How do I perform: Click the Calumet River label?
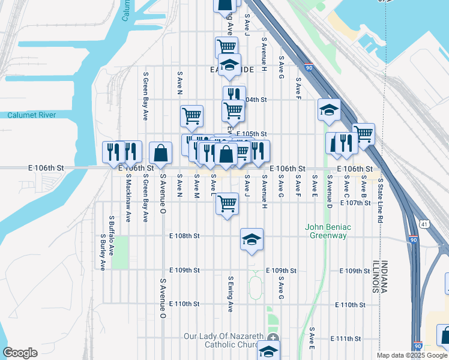click(31, 115)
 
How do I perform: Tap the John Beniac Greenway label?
click(326, 231)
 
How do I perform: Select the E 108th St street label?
click(184, 236)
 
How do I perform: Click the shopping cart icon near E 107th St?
click(227, 204)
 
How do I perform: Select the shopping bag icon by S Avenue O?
click(161, 153)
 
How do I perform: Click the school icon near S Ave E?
click(329, 110)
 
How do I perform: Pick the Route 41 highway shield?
click(424, 224)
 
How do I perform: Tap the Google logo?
click(20, 353)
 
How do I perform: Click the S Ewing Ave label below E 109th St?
click(230, 294)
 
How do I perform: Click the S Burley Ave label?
click(103, 252)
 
